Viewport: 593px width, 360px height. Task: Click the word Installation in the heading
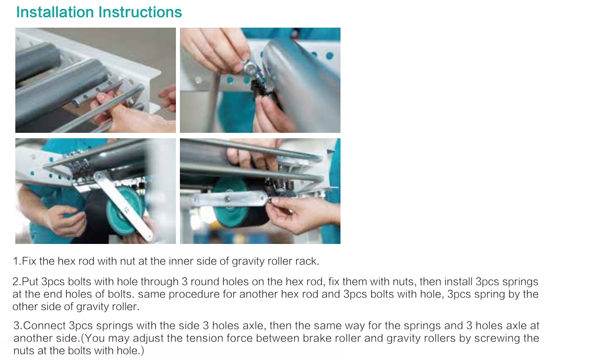point(55,12)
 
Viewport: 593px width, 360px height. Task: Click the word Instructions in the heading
point(140,12)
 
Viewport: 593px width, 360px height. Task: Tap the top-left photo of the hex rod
point(95,80)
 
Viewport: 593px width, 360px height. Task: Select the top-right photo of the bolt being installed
point(260,80)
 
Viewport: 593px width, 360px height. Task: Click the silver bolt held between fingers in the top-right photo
point(250,68)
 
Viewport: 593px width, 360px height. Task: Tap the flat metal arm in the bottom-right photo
point(230,199)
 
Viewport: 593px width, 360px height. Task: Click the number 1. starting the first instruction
point(17,261)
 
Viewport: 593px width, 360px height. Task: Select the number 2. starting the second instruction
point(17,281)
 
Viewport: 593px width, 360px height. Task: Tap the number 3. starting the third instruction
point(18,325)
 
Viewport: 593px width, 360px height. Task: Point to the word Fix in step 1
point(29,261)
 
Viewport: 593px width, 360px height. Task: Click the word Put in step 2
point(30,281)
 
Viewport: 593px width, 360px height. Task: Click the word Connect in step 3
point(44,325)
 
